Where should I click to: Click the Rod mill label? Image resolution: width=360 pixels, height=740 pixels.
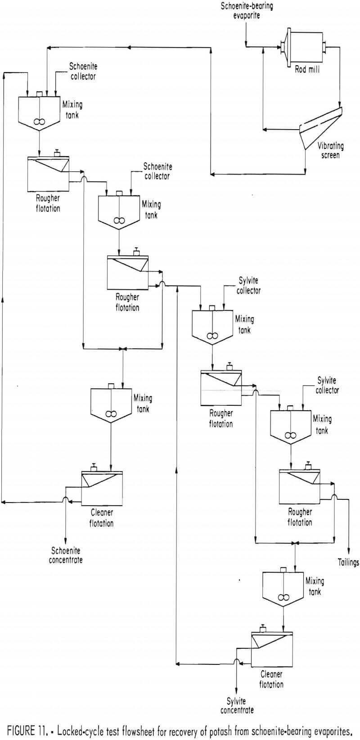click(307, 70)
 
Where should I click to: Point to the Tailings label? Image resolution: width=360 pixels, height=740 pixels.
click(348, 562)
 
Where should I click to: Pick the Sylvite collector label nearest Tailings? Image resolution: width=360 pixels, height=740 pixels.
click(326, 386)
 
